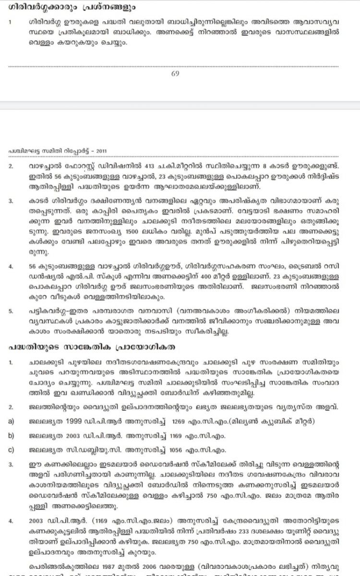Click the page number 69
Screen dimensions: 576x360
(x=175, y=73)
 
